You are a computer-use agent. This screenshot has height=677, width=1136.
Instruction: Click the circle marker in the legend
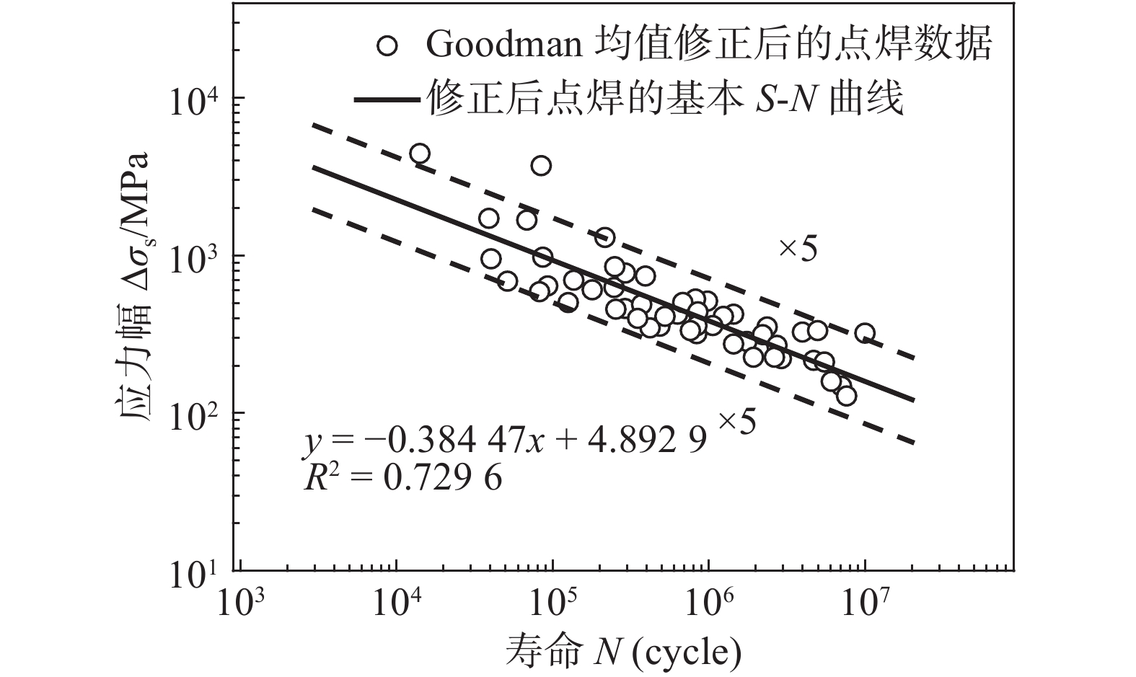pos(388,45)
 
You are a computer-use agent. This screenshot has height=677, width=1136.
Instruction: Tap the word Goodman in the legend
pos(505,45)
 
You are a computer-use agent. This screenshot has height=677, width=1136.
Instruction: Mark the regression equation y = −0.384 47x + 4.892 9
pos(505,441)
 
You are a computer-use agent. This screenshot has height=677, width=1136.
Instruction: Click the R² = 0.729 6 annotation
pos(402,477)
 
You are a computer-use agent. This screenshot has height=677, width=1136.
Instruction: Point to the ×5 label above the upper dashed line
pos(798,249)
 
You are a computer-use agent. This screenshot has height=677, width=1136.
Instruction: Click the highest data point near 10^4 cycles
pos(419,154)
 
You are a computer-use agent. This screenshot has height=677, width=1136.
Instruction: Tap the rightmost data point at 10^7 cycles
pos(865,333)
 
